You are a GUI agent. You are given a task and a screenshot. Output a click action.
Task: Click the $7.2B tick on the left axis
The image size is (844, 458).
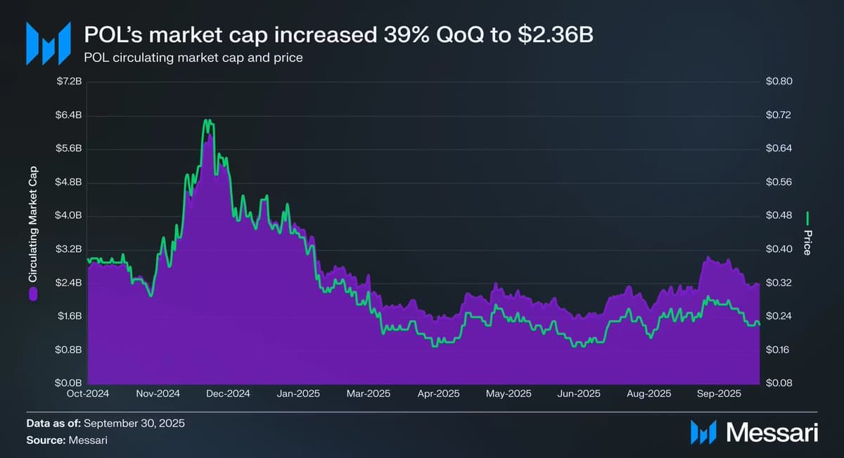pyautogui.click(x=70, y=82)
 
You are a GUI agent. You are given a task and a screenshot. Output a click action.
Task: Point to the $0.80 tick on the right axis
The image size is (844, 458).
pyautogui.click(x=779, y=82)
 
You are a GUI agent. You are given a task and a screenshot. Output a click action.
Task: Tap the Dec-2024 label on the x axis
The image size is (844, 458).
pyautogui.click(x=229, y=393)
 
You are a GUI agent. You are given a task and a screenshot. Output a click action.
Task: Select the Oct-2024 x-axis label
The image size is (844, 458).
pyautogui.click(x=89, y=393)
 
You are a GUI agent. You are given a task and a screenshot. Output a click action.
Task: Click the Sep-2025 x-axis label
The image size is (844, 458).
pyautogui.click(x=717, y=393)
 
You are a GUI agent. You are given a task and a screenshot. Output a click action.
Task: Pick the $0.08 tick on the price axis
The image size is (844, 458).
pyautogui.click(x=779, y=383)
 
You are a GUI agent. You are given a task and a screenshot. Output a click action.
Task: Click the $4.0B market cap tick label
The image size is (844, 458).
pyautogui.click(x=70, y=215)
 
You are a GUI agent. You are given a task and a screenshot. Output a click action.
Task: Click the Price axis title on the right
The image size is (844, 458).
pyautogui.click(x=807, y=241)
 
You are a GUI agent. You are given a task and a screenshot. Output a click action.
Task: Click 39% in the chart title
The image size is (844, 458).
pyautogui.click(x=386, y=34)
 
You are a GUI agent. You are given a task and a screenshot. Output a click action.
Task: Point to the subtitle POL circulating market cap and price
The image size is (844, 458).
pyautogui.click(x=193, y=58)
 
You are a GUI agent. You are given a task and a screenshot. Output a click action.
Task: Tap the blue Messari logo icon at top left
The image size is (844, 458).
pyautogui.click(x=48, y=44)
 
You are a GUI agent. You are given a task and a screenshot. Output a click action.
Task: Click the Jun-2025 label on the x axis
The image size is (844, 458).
pyautogui.click(x=580, y=393)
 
